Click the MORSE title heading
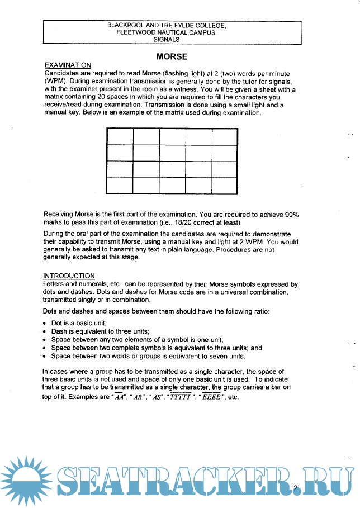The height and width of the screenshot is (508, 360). point(172,56)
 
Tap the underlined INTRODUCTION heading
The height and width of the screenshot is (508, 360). point(69,276)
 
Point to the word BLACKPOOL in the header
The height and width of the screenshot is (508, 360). point(127,26)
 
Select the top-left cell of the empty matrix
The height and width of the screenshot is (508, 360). point(119,137)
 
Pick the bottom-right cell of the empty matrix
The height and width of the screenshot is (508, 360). point(225,185)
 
